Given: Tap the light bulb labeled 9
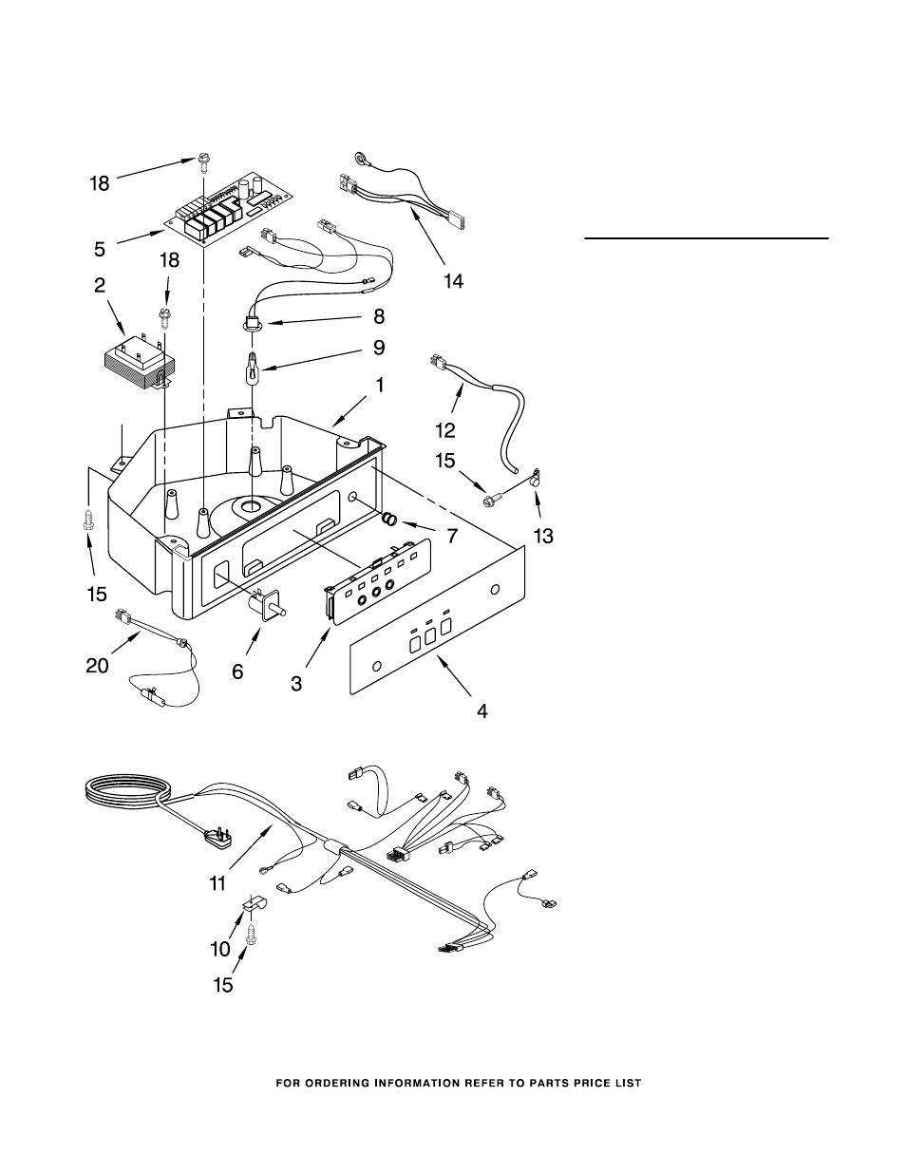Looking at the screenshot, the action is coord(252,369).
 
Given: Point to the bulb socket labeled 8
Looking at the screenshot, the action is coord(252,323).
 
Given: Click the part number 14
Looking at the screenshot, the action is coord(453,281).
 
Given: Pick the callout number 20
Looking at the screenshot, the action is coord(97,666).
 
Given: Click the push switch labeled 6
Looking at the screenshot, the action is coord(266,604).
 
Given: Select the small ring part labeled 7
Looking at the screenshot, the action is coord(389,520).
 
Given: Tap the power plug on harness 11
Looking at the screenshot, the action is coord(218,838).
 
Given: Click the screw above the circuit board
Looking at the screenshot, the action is coord(203,161).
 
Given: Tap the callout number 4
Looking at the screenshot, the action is coord(481,711).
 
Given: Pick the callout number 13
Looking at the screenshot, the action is coord(543,536).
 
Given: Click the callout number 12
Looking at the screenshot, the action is coord(445,430).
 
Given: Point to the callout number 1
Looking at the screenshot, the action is coord(380,386).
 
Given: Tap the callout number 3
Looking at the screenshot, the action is coord(296,684).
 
